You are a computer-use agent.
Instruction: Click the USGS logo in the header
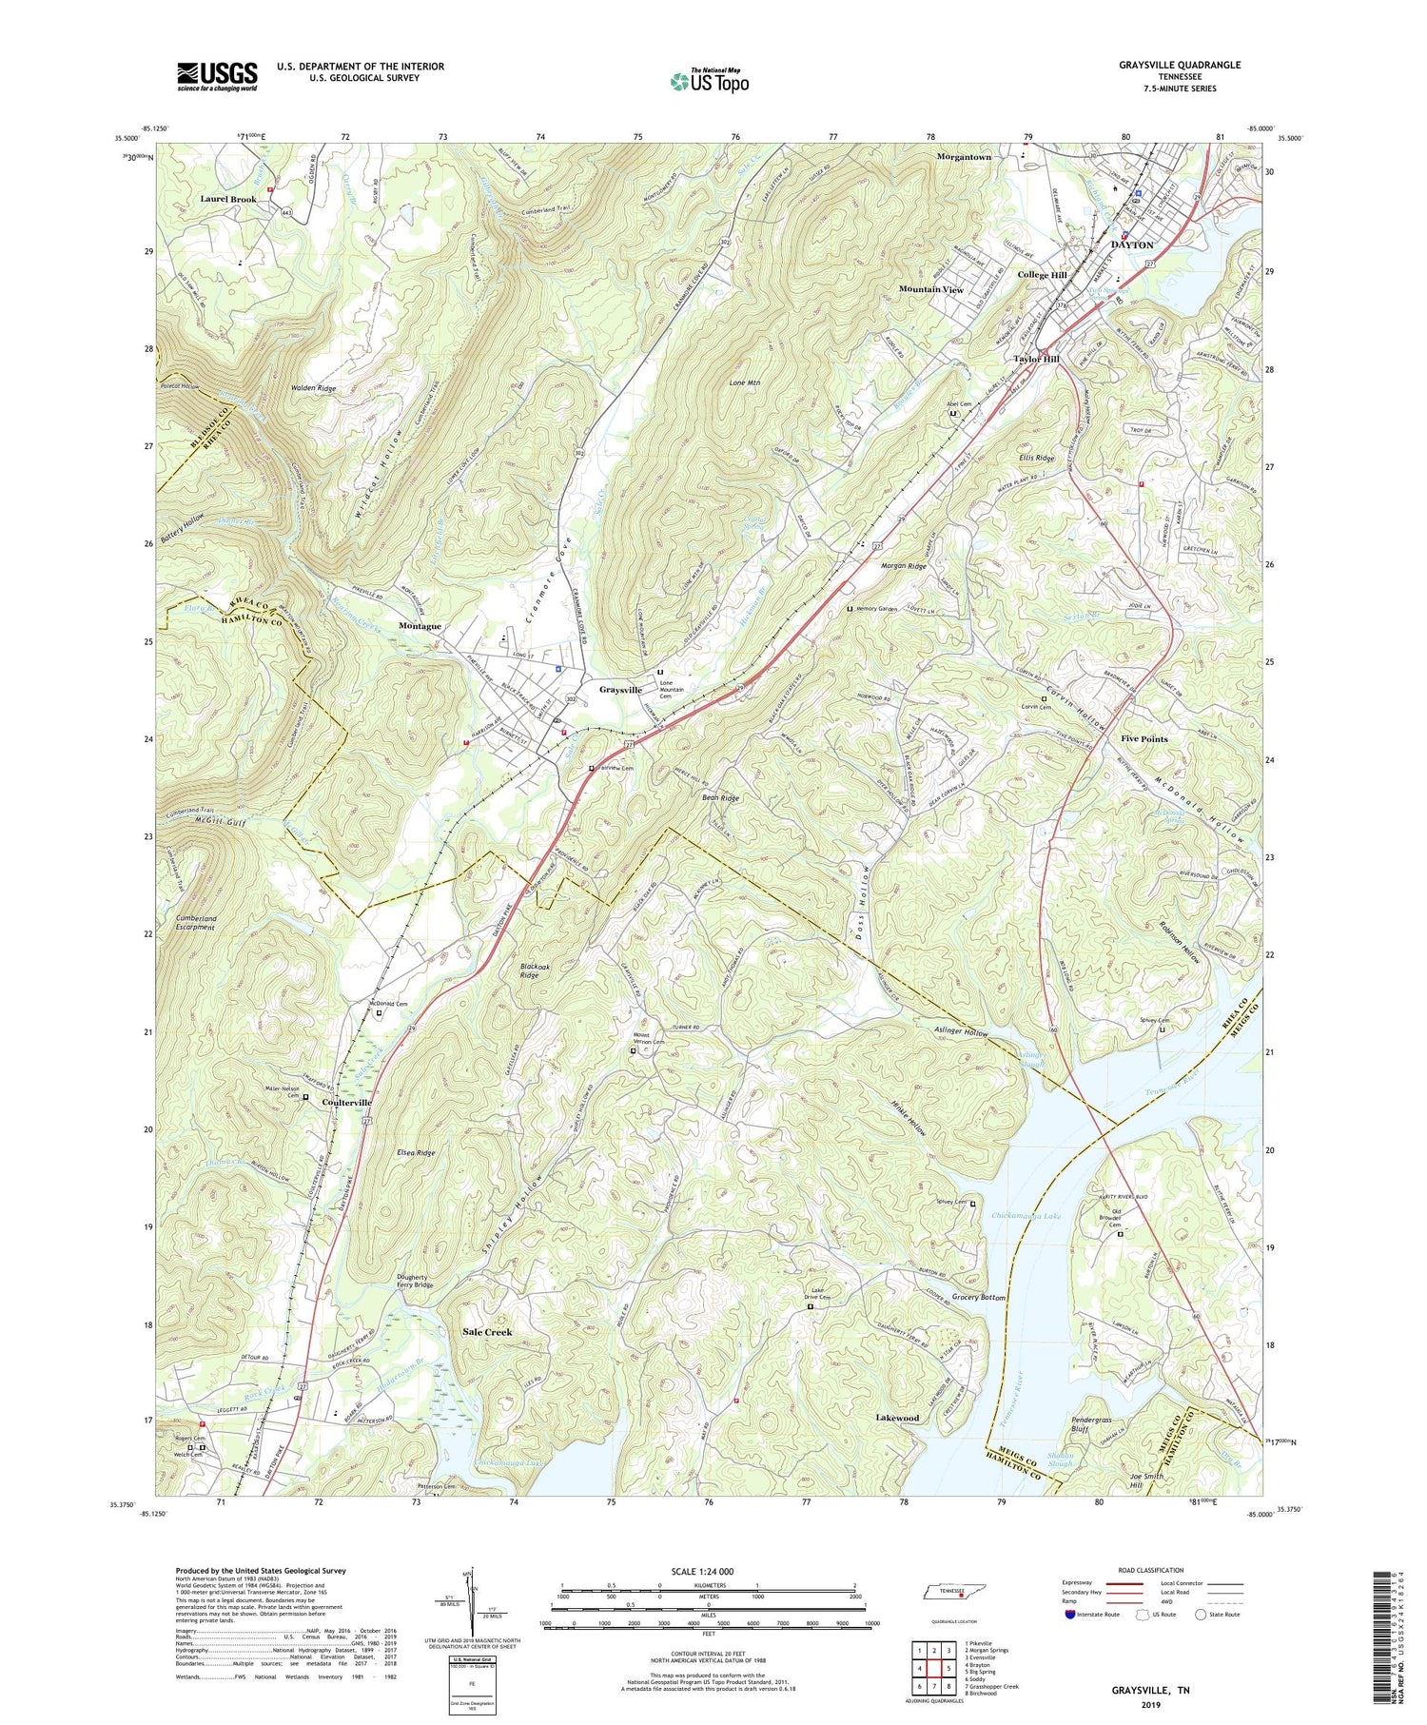[x=217, y=76]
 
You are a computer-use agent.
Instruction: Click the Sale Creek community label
[x=486, y=1332]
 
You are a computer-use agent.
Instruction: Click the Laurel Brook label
[x=228, y=200]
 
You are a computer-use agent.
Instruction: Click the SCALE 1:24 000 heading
[x=708, y=1571]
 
